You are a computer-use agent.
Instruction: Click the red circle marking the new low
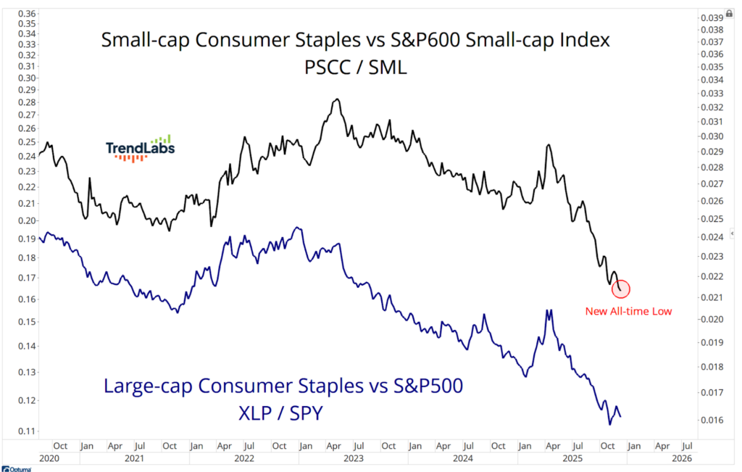pos(621,289)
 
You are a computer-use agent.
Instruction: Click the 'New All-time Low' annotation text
pos(628,312)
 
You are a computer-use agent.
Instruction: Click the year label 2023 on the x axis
pos(353,458)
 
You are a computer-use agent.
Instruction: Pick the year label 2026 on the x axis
pos(682,458)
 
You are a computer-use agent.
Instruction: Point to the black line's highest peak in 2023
pos(336,99)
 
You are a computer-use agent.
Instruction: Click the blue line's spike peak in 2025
pos(549,310)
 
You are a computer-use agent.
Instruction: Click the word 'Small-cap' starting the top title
pos(142,41)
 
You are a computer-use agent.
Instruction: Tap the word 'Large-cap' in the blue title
pos(151,386)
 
